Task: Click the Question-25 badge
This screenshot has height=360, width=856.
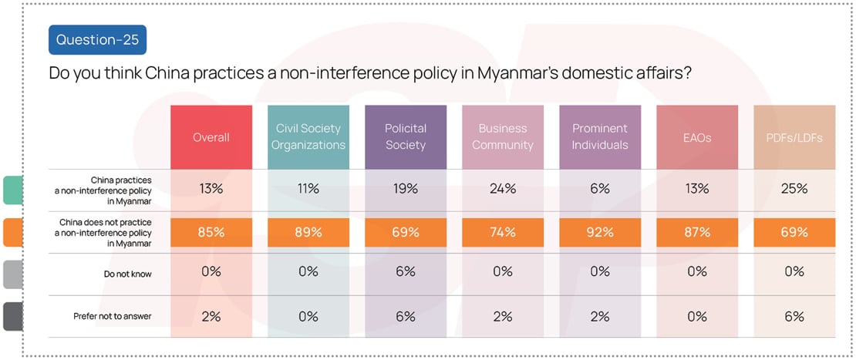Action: coord(97,39)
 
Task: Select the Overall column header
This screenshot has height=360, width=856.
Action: coord(211,137)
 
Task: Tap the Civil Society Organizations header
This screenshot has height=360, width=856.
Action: coord(308,136)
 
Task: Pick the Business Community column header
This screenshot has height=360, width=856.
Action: coord(503,136)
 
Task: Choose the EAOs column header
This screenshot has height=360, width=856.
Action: coord(697,137)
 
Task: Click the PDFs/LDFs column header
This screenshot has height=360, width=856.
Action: coord(794,137)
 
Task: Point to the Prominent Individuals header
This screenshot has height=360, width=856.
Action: coord(600,136)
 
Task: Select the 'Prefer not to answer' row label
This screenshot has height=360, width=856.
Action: coord(113,316)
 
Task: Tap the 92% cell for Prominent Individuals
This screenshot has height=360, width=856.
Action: coord(600,232)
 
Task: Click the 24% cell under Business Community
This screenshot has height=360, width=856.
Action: coord(503,189)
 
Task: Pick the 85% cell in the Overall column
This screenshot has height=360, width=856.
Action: coord(211,232)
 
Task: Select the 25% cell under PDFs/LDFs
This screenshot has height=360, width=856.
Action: coord(794,189)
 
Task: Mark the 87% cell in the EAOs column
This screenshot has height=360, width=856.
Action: coord(697,232)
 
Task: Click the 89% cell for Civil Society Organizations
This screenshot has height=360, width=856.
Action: coord(308,232)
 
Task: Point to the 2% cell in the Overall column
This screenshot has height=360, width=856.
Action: coord(211,316)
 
